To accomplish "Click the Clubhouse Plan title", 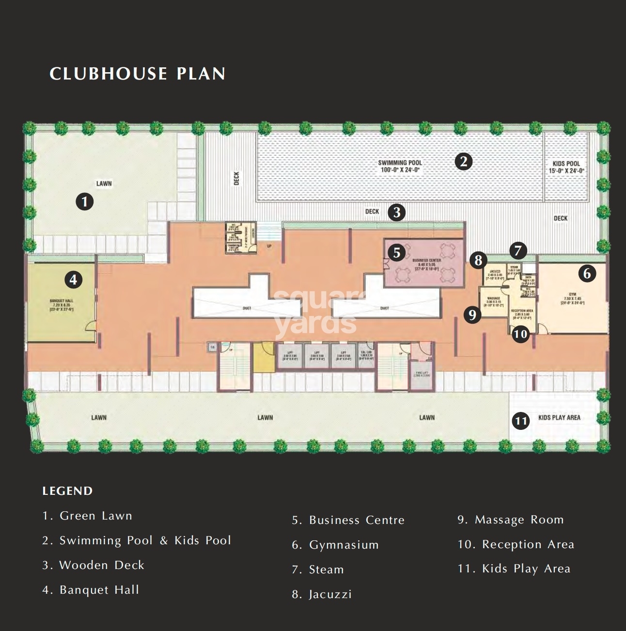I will point(138,74).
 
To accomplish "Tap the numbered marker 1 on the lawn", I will point(85,201).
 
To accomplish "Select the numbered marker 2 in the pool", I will point(464,161).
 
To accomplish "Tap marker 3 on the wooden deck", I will point(397,212).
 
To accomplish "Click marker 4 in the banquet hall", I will point(73,280).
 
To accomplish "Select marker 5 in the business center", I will point(397,252).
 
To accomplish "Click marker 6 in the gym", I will point(587,273).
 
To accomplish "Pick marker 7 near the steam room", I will point(518,251).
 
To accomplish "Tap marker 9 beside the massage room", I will point(472,315).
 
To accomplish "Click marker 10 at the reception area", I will point(520,334).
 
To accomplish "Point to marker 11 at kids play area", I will point(521,420).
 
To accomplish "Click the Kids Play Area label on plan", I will point(559,417).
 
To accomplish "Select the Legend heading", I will point(67,491).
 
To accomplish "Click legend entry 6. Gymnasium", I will point(335,545).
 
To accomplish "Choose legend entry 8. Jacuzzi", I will point(322,594).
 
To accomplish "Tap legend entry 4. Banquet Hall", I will point(91,590).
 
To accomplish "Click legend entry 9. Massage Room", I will point(511,520).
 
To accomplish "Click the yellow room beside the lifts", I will point(264,359).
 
